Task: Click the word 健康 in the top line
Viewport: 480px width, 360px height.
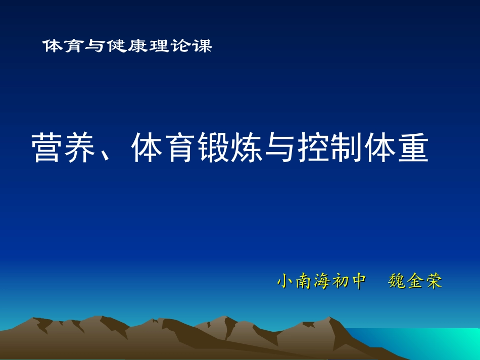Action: click(x=127, y=46)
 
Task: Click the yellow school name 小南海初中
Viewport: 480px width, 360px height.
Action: click(x=321, y=281)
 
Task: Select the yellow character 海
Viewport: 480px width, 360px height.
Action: click(x=322, y=281)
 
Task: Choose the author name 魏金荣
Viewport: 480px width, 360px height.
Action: click(x=415, y=281)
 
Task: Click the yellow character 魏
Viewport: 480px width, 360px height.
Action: click(x=397, y=281)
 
